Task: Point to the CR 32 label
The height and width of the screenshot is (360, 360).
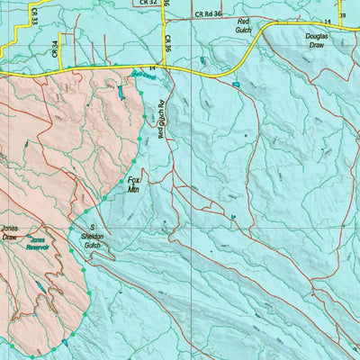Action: [148, 4]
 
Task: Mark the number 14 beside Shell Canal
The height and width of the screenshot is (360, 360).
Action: [153, 68]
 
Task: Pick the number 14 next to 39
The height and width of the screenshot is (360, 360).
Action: [328, 19]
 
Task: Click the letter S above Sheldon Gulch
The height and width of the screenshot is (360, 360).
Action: [91, 227]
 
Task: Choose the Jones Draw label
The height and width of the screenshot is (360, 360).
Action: [11, 233]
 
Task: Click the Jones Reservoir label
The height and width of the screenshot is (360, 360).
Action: [38, 244]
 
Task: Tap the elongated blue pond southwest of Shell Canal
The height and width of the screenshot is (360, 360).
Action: [119, 92]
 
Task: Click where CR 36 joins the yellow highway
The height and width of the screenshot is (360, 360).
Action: [169, 67]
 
